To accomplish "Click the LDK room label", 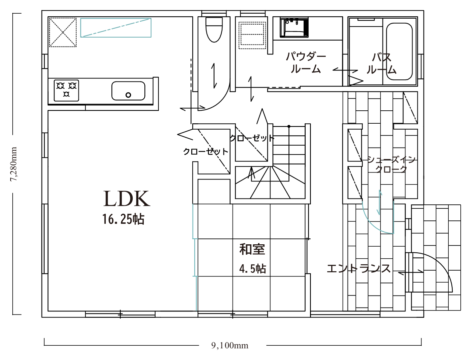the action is (127, 198).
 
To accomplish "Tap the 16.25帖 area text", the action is (123, 219).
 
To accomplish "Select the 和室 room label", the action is (252, 249).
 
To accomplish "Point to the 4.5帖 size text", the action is (252, 269).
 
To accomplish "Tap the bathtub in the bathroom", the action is (399, 52).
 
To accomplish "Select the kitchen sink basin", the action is (128, 91).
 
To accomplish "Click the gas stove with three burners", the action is (66, 90).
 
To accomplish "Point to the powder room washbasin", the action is (294, 28).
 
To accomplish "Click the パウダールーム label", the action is (306, 63).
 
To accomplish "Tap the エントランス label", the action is (358, 269).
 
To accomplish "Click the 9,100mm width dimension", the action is (230, 345).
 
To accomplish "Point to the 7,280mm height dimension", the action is (14, 164).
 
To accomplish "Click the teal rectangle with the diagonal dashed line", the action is (116, 28).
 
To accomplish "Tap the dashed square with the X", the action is (63, 32).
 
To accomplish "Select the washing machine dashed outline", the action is (252, 35).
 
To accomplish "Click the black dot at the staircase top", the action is (289, 127).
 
